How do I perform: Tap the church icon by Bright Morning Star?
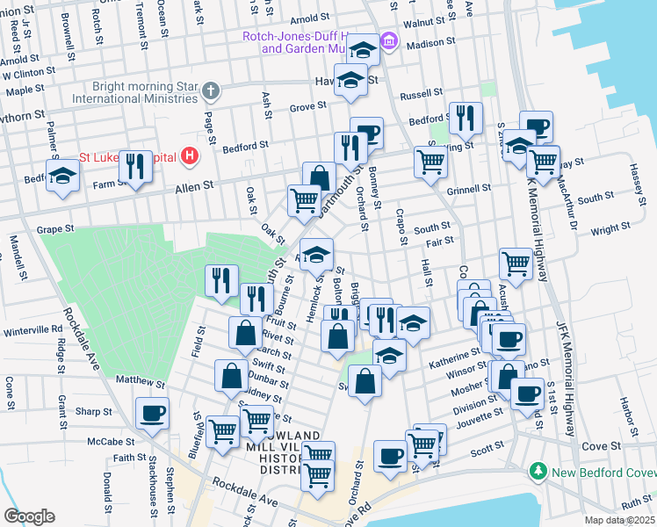[212, 90]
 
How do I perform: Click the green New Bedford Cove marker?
[538, 473]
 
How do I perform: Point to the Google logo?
[29, 516]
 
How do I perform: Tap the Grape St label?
[54, 229]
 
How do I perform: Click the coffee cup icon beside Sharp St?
[152, 412]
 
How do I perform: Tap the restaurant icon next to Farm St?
[135, 165]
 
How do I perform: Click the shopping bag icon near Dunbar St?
[231, 375]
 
